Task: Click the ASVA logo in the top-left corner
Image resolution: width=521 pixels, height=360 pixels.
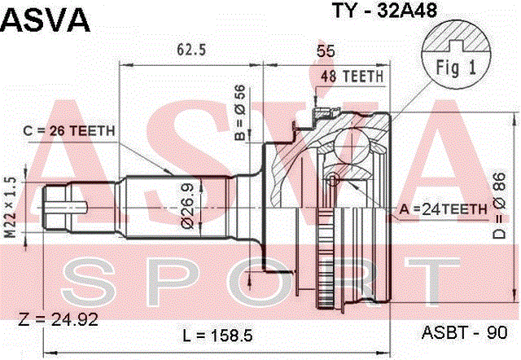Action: (46, 20)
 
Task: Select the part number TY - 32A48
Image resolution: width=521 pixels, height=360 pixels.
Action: (385, 10)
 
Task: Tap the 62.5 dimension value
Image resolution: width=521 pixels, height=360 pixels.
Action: (191, 50)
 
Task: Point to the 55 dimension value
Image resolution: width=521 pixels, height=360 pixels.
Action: (326, 50)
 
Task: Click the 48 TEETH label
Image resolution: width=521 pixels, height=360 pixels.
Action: (352, 77)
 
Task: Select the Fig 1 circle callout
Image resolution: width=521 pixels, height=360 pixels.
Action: (456, 55)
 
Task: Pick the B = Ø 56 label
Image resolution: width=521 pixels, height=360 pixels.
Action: (239, 112)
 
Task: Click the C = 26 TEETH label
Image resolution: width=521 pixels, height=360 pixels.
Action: (69, 131)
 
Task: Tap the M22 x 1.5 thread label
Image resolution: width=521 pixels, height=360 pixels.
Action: (11, 208)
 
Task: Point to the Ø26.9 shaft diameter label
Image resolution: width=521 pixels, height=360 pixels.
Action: (187, 207)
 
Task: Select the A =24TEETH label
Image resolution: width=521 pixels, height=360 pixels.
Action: (443, 209)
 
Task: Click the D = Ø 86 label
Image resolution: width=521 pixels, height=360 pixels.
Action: (499, 206)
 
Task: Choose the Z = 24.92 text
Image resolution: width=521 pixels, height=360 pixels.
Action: (59, 319)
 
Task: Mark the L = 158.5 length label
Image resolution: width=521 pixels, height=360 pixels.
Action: (217, 335)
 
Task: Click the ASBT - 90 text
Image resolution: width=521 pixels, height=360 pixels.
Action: (465, 332)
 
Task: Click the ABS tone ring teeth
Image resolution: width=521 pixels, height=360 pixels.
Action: (325, 258)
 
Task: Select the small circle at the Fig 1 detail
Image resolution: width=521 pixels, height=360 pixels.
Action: (332, 179)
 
